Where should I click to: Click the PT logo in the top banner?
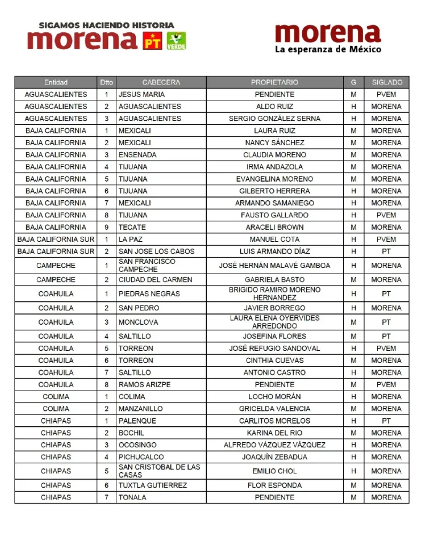pyautogui.click(x=153, y=41)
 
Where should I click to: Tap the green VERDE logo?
pyautogui.click(x=176, y=41)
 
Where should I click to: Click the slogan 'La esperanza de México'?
pyautogui.click(x=328, y=49)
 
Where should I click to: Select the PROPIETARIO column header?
pyautogui.click(x=275, y=82)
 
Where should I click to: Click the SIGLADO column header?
pyautogui.click(x=386, y=82)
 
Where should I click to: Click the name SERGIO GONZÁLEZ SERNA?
pyautogui.click(x=275, y=119)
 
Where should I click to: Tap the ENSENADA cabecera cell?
pyautogui.click(x=138, y=155)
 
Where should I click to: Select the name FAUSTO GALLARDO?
pyautogui.click(x=275, y=215)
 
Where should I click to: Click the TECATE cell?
pyautogui.click(x=133, y=227)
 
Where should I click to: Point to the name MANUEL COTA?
pyautogui.click(x=275, y=239)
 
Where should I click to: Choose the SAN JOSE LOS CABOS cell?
pyautogui.click(x=156, y=251)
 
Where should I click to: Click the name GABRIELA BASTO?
pyautogui.click(x=275, y=279)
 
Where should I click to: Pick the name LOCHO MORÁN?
pyautogui.click(x=275, y=397)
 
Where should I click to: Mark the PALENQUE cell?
pyautogui.click(x=137, y=421)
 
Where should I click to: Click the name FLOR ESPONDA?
pyautogui.click(x=275, y=486)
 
